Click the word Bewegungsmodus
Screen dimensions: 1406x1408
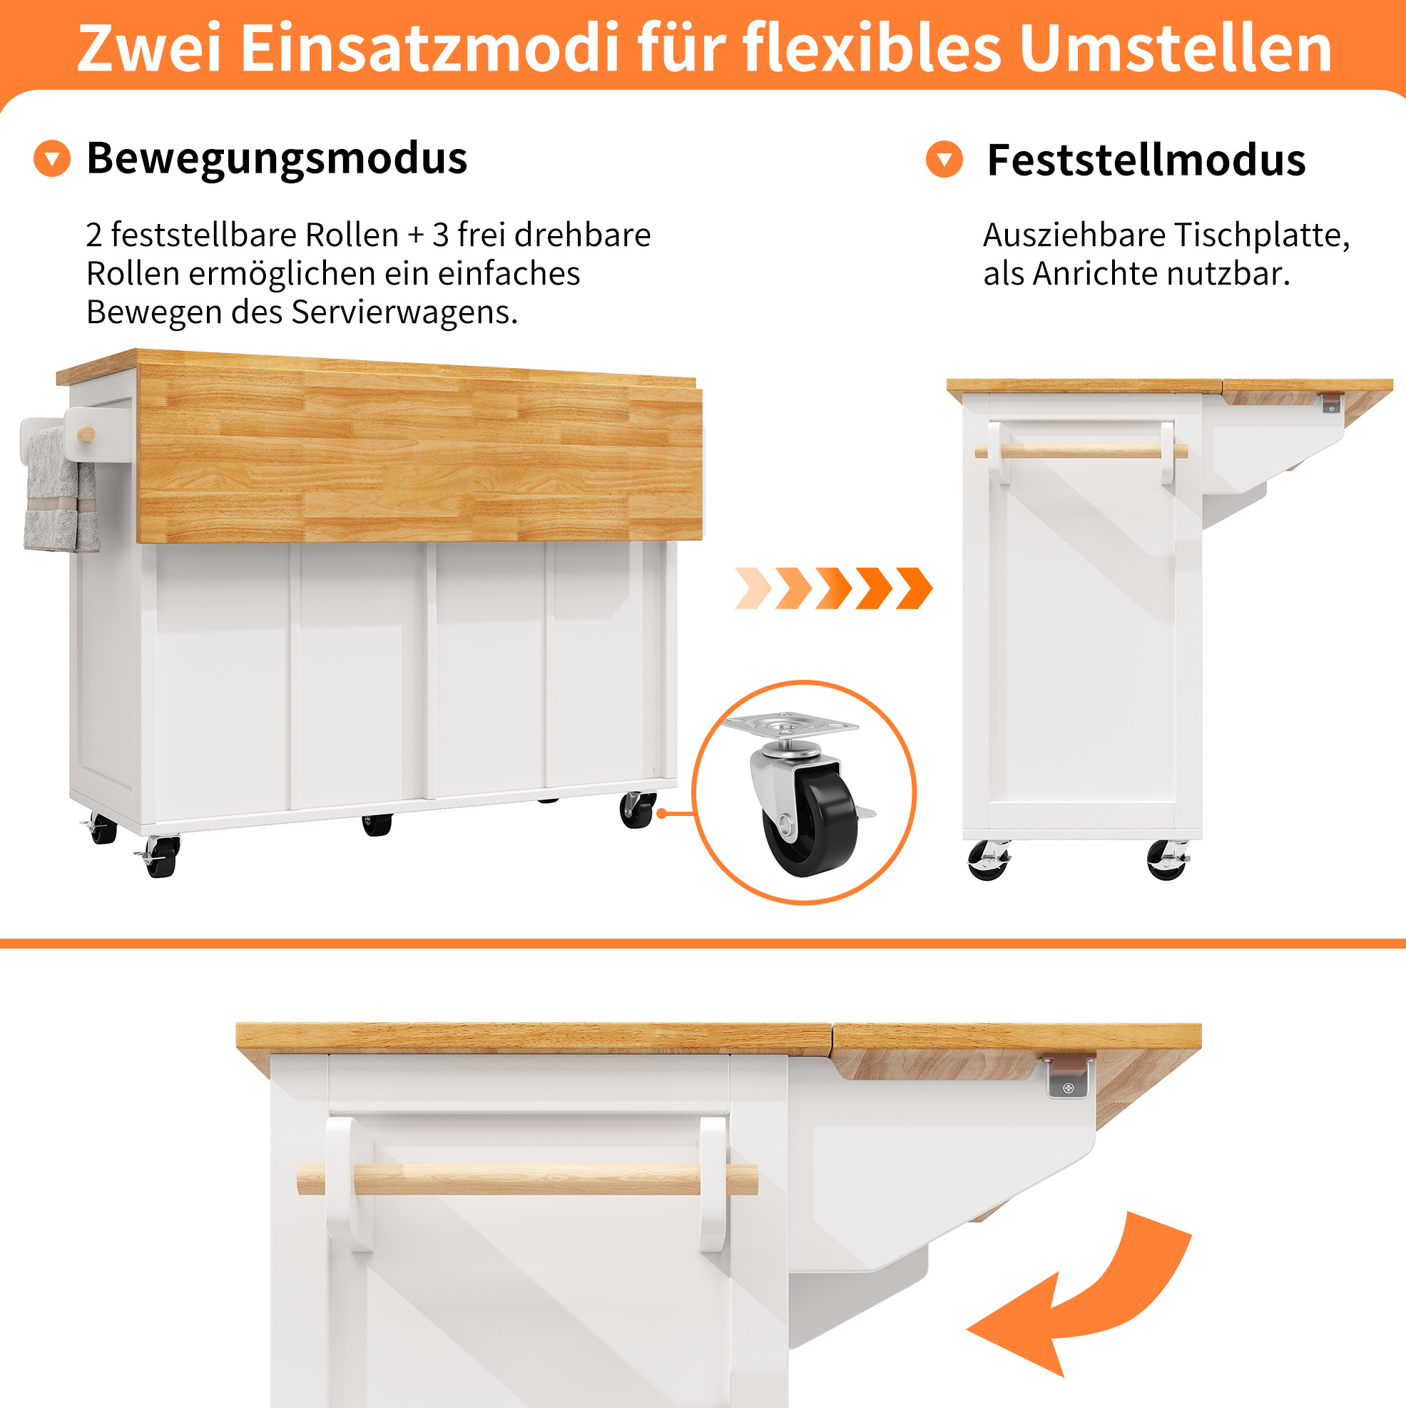click(x=277, y=159)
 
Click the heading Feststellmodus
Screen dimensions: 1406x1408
click(x=1146, y=160)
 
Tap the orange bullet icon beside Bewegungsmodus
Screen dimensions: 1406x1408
click(x=52, y=158)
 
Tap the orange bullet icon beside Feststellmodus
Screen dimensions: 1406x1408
click(x=944, y=160)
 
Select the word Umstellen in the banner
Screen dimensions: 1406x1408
click(x=1176, y=48)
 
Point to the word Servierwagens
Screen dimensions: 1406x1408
click(x=404, y=312)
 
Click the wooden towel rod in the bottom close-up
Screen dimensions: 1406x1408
click(x=527, y=1179)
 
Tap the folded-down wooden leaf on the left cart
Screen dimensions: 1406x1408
click(x=420, y=456)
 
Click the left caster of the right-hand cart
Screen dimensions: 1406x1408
click(x=989, y=860)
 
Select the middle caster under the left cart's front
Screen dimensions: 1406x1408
click(x=377, y=825)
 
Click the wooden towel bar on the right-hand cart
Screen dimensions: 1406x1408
click(x=1081, y=452)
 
